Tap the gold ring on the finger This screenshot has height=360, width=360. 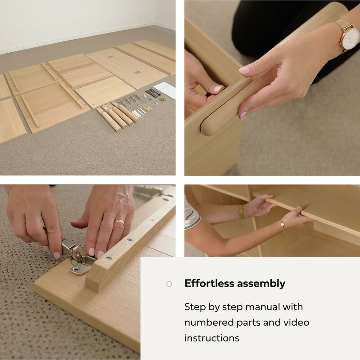120,222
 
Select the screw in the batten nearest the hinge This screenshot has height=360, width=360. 108,258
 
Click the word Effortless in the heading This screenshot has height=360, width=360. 209,283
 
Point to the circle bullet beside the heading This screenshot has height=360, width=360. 169,284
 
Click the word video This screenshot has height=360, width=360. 296,323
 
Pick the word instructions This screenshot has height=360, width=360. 211,338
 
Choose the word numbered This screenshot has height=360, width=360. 209,323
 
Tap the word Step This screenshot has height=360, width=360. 195,307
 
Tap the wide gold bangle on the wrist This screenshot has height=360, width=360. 241,211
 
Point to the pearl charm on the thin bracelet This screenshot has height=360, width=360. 282,224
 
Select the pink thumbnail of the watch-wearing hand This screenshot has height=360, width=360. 244,70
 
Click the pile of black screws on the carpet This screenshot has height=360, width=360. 153,93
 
